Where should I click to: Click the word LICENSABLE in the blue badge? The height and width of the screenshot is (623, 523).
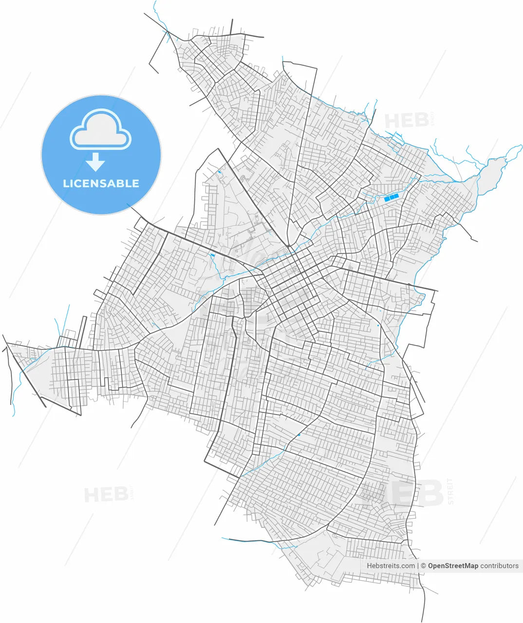click(101, 183)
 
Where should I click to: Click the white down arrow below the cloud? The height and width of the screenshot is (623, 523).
click(95, 162)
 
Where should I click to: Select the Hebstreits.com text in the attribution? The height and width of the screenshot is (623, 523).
click(391, 566)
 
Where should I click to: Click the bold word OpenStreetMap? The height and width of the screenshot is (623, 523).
click(453, 566)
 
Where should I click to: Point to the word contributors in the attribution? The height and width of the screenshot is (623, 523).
click(499, 566)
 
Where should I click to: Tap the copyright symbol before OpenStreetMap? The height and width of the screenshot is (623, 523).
click(424, 566)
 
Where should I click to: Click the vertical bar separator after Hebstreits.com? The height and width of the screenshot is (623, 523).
click(418, 566)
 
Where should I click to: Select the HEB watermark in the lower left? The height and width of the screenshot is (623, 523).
click(106, 495)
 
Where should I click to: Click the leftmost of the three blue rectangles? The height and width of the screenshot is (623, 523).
click(387, 199)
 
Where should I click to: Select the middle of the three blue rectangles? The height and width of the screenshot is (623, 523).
click(392, 197)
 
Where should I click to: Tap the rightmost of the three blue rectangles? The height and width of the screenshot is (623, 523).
click(396, 196)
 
